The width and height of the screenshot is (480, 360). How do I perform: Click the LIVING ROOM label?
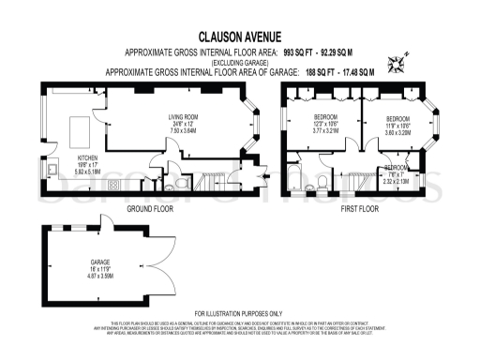[x=183, y=117]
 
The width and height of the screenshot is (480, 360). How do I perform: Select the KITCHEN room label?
[x=88, y=157]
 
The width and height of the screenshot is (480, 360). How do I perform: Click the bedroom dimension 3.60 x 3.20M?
[x=398, y=133]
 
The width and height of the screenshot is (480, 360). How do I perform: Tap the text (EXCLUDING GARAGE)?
[x=238, y=62]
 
